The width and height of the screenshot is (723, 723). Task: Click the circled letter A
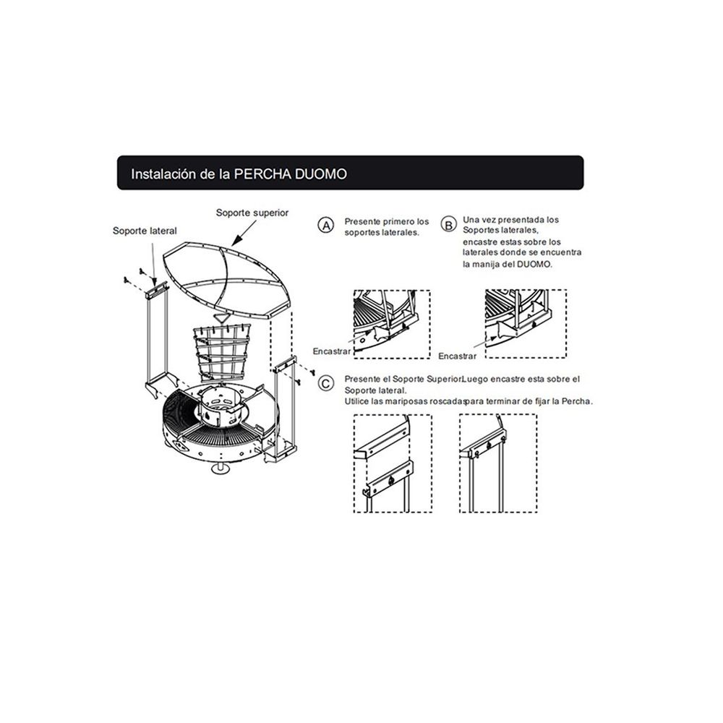pos(326,226)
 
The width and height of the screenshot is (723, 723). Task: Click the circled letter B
pos(448,225)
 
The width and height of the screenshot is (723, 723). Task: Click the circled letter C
pos(327,383)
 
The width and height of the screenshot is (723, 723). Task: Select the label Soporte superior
pos(252,213)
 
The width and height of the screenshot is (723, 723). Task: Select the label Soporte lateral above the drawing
pos(145,231)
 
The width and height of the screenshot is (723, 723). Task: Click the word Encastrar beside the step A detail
pos(332,351)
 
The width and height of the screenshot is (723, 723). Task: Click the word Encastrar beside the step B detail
pos(458,356)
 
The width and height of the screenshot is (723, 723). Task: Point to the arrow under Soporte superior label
pos(244,233)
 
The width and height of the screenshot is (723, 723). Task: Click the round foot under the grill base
pos(220,469)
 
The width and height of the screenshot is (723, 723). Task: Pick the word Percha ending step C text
pos(576,401)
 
